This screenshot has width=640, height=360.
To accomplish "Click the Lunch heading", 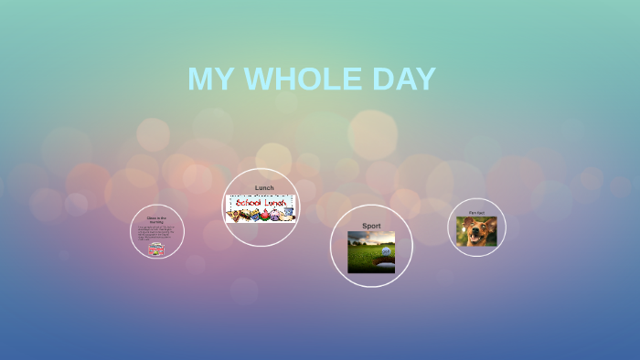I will tap(263, 188).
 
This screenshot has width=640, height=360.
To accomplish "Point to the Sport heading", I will tap(371, 226).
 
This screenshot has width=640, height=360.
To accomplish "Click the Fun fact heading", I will tap(476, 213).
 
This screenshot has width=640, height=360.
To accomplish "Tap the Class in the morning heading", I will tap(157, 220).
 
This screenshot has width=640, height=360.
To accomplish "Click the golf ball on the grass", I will tap(385, 251).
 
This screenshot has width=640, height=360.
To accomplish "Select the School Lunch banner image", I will tap(261, 208).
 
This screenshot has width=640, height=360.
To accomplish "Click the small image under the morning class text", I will tap(157, 249).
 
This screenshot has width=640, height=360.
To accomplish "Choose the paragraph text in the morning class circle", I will tap(157, 233).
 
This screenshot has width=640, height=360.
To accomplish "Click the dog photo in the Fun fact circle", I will tap(476, 231).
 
